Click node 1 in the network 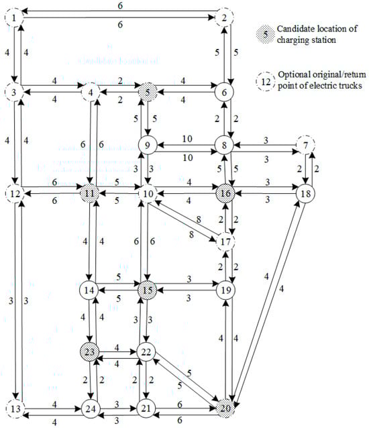click(x=14, y=17)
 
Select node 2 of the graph click(x=224, y=17)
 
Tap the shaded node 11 click(x=89, y=193)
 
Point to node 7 click(x=306, y=145)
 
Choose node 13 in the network click(x=15, y=409)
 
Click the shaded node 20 click(x=225, y=409)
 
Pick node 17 click(x=225, y=242)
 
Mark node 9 click(x=148, y=145)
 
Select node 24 click(x=91, y=409)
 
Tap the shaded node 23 click(x=89, y=352)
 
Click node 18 click(x=306, y=193)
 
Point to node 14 click(x=89, y=290)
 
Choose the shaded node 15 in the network click(x=148, y=290)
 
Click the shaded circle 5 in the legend click(x=265, y=34)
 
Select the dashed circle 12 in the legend click(x=266, y=82)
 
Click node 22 click(x=146, y=352)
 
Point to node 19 click(x=225, y=290)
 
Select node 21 click(x=146, y=409)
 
